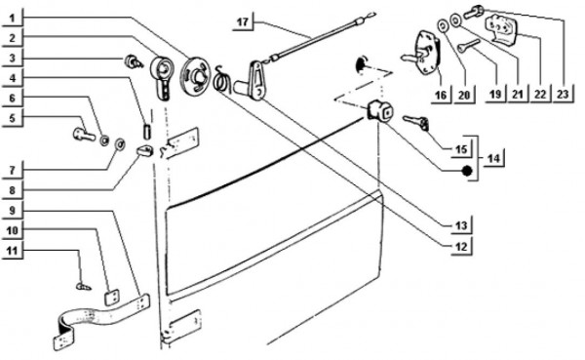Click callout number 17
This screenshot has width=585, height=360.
(x=243, y=22)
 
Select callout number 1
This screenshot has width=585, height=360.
(x=13, y=18)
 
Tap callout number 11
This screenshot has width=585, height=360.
(x=13, y=250)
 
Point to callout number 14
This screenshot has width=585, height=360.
(x=493, y=158)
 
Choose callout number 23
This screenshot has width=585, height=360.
(x=563, y=94)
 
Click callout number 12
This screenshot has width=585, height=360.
(x=461, y=247)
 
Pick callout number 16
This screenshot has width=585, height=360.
(x=441, y=95)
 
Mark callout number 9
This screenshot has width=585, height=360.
(x=13, y=211)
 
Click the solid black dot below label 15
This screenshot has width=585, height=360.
(x=467, y=171)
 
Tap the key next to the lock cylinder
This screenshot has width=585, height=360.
(x=416, y=123)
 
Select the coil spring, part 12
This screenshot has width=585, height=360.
(x=222, y=80)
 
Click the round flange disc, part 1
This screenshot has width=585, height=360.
(x=195, y=74)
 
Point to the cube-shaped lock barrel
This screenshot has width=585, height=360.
(x=380, y=111)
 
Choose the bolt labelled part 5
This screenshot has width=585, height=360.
(x=84, y=135)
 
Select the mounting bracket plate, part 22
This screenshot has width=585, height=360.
(x=502, y=27)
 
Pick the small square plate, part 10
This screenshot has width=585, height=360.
(x=112, y=298)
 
